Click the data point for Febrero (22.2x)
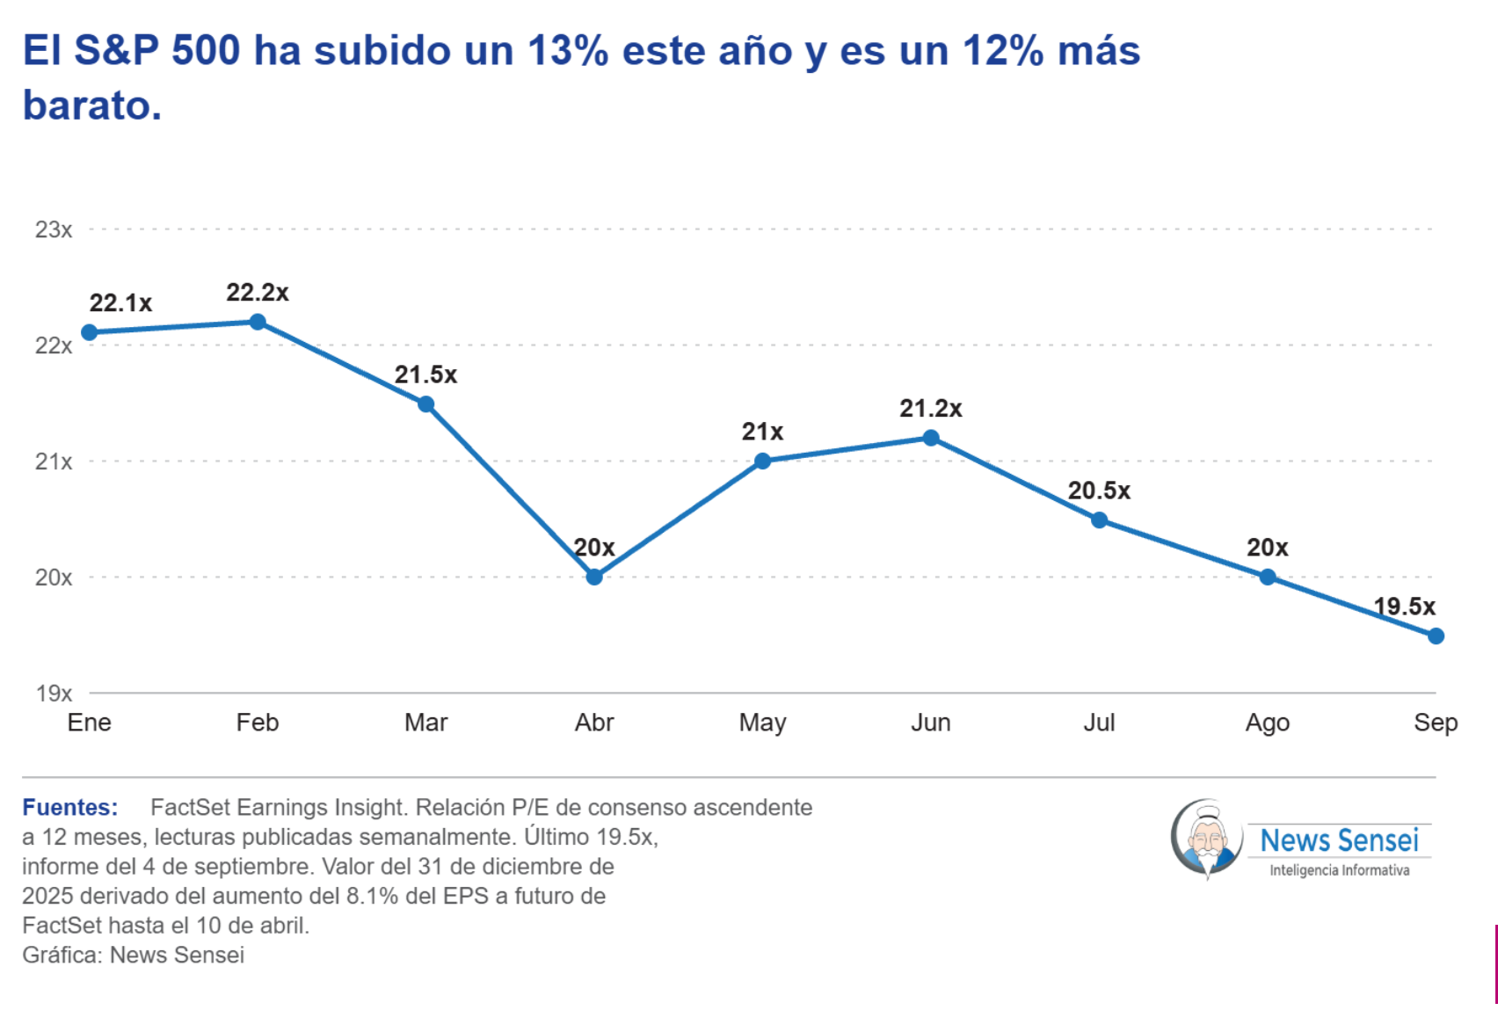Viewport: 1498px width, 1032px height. pyautogui.click(x=258, y=323)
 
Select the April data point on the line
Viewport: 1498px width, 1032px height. pyautogui.click(x=594, y=577)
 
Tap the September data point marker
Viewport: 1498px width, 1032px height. pyautogui.click(x=1435, y=636)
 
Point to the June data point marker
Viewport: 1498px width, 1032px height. pyautogui.click(x=930, y=438)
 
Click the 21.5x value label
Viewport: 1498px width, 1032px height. pyautogui.click(x=425, y=374)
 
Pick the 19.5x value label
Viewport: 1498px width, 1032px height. pyautogui.click(x=1404, y=607)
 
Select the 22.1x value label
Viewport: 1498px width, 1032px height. pyautogui.click(x=120, y=303)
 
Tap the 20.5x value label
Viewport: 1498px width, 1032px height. pyautogui.click(x=1099, y=491)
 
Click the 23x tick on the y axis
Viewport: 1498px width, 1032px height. pyautogui.click(x=54, y=229)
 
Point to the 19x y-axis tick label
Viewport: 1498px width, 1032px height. pyautogui.click(x=54, y=693)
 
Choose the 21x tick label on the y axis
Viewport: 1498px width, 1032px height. pyautogui.click(x=54, y=461)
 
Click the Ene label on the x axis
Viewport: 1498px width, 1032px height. pyautogui.click(x=90, y=723)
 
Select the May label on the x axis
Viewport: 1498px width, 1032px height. pyautogui.click(x=762, y=723)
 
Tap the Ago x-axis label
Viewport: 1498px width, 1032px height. pyautogui.click(x=1268, y=723)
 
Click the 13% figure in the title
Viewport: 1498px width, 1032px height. pyautogui.click(x=568, y=50)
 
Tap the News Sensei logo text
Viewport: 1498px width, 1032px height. pyautogui.click(x=1339, y=840)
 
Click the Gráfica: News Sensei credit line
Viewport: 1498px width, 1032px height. pyautogui.click(x=133, y=956)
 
